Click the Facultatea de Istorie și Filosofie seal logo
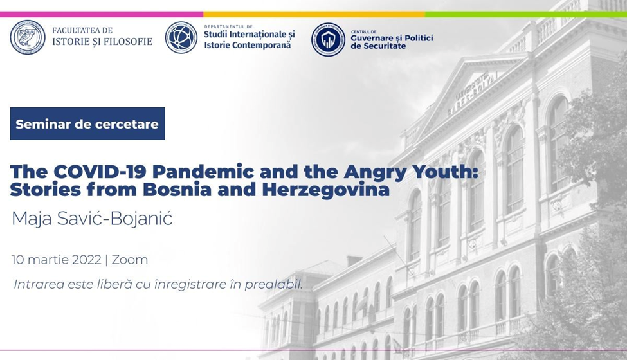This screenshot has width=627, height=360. coord(28,37)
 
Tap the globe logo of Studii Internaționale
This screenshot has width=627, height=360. coord(181,37)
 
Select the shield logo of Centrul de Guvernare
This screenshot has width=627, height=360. coord(329,40)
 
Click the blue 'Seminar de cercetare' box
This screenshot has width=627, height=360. coord(87,123)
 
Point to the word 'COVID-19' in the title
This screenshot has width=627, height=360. coord(100,172)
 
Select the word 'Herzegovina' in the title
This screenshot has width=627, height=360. coord(326,190)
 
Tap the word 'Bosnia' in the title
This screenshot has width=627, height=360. coord(177,190)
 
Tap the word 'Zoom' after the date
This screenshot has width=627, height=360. coord(129,260)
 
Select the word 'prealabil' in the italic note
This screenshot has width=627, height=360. coord(273,284)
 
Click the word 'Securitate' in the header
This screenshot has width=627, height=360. coord(378,46)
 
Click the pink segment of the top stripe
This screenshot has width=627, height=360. coord(102,14)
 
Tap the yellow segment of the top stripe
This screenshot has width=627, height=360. coord(314,14)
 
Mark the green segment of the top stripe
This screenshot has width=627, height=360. coord(526,14)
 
